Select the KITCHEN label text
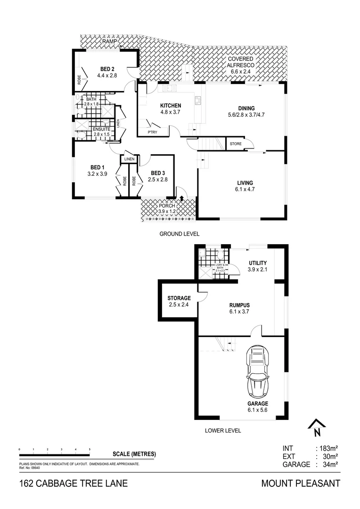[171, 105]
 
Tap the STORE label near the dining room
[235, 144]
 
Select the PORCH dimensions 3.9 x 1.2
[167, 212]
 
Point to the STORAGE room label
[179, 298]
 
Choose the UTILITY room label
[257, 263]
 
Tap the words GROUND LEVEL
[179, 234]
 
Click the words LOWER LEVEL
[223, 430]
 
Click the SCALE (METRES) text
[134, 454]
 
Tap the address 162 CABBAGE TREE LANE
[73, 484]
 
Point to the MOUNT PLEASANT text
[300, 484]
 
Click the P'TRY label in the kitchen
[152, 132]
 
